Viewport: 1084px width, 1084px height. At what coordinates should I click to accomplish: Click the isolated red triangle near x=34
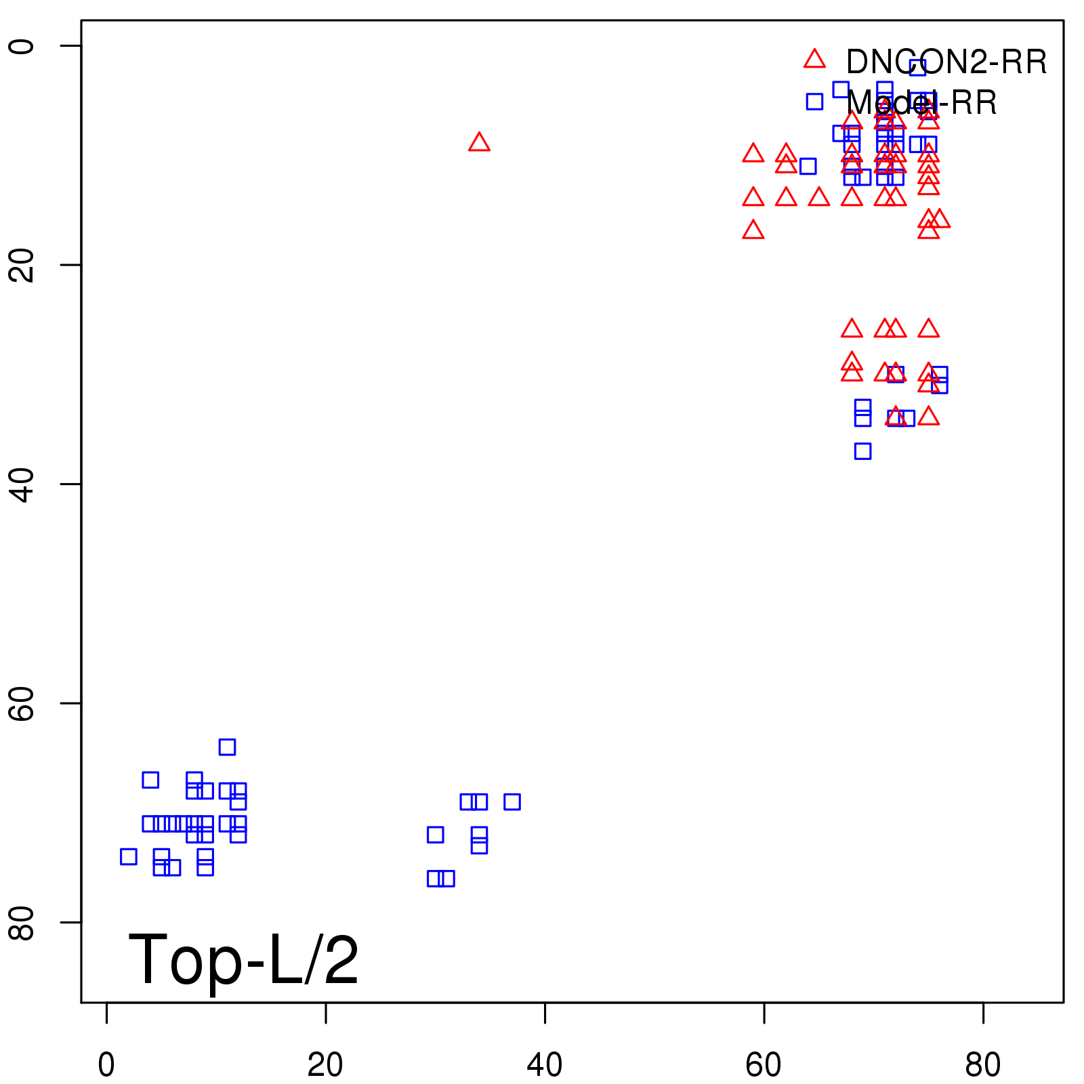(479, 142)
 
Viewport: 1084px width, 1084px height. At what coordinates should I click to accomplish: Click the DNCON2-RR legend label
(946, 62)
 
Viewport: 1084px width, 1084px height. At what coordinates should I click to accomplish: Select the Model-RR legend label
(921, 103)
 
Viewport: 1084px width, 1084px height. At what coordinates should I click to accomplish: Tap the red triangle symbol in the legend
(814, 60)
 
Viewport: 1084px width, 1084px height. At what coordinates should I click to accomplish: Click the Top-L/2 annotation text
(243, 959)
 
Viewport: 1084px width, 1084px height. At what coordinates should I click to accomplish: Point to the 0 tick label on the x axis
(106, 1065)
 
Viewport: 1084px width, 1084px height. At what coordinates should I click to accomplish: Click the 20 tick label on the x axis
(325, 1065)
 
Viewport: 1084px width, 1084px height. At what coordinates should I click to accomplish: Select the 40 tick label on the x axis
(545, 1065)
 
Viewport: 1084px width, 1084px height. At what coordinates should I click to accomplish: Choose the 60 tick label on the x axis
(764, 1065)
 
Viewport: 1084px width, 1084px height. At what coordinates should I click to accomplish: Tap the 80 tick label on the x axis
(983, 1065)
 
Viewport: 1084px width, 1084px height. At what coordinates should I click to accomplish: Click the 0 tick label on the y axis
(22, 46)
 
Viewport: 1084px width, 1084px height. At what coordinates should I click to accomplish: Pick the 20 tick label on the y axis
(22, 265)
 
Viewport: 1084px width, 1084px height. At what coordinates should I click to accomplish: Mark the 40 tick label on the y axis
(22, 484)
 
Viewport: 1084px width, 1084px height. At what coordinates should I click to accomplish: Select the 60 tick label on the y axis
(22, 703)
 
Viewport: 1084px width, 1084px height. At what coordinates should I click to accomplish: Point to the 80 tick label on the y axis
(22, 922)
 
